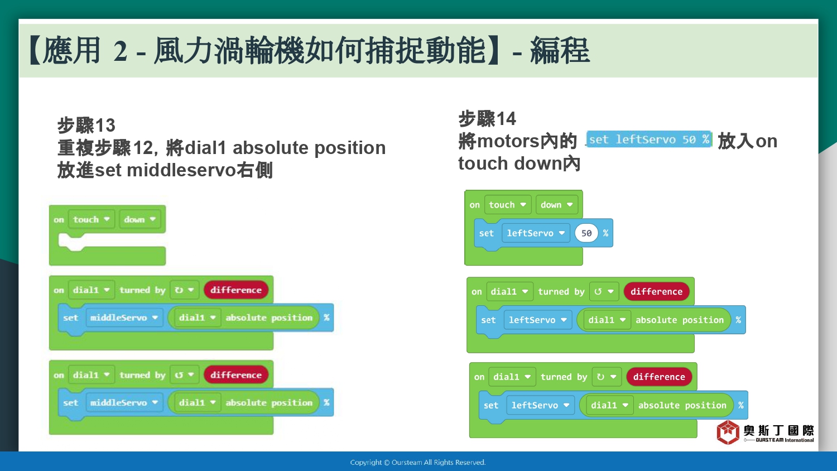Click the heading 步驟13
(x=86, y=125)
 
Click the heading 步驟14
(x=487, y=119)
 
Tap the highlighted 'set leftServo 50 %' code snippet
(x=649, y=140)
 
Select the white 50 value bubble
(x=586, y=233)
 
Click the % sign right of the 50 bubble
(x=605, y=233)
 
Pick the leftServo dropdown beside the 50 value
(x=536, y=233)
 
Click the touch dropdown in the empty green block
(x=91, y=219)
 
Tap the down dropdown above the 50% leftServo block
(x=556, y=205)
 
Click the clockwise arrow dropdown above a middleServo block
(x=184, y=290)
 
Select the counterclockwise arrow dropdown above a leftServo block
(x=603, y=291)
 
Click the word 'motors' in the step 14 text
(x=508, y=141)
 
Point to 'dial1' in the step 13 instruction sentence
(x=205, y=148)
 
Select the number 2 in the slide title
(x=121, y=51)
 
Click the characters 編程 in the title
(x=560, y=50)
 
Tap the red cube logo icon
(x=728, y=432)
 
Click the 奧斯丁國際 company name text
(x=778, y=430)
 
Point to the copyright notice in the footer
(x=418, y=463)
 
